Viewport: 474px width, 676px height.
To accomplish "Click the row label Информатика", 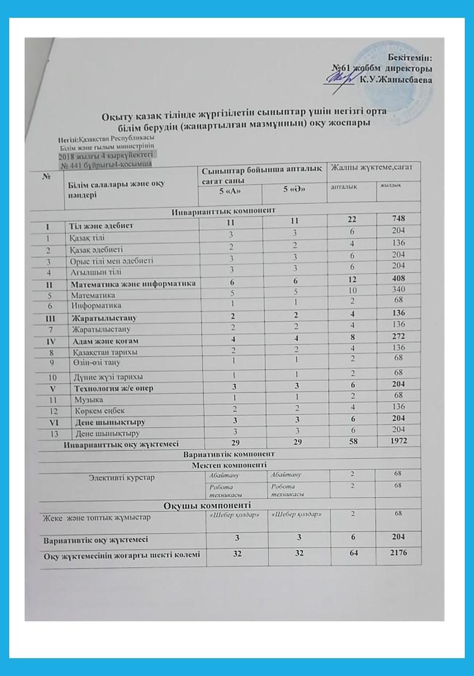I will tap(95, 305).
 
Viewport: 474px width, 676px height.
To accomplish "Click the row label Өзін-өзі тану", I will tap(98, 363).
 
